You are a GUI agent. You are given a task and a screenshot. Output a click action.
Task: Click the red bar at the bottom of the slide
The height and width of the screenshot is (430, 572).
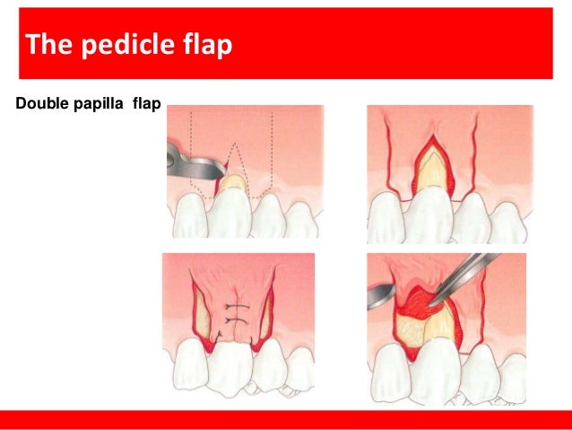286,418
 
